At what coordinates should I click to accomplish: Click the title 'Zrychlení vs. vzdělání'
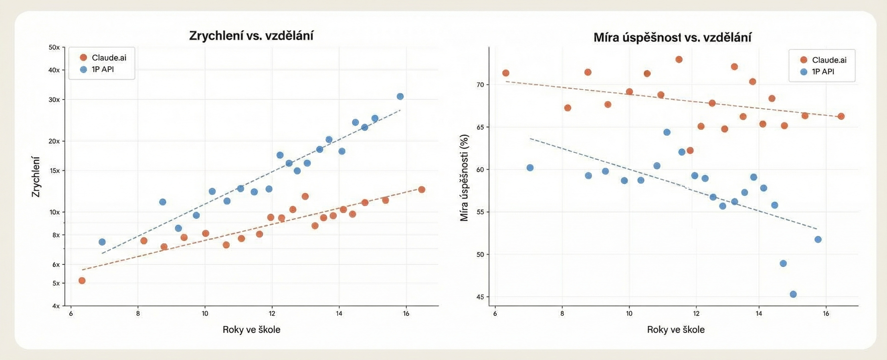(x=251, y=36)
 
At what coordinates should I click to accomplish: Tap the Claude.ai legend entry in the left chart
(x=103, y=57)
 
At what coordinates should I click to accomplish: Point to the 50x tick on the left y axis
(x=54, y=47)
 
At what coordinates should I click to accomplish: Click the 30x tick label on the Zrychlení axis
(x=54, y=99)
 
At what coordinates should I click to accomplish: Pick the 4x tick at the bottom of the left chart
(x=55, y=306)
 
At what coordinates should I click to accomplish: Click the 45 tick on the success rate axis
(x=480, y=297)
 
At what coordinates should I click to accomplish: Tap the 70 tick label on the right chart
(x=480, y=85)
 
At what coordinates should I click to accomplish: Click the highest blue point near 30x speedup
(x=400, y=96)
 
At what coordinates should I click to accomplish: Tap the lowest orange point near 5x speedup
(x=82, y=280)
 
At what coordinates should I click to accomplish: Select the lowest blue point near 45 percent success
(x=793, y=294)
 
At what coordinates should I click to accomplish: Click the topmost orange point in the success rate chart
(x=679, y=60)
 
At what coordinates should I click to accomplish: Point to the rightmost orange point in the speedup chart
(x=422, y=189)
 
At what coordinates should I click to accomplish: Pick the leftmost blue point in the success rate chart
(x=530, y=168)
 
